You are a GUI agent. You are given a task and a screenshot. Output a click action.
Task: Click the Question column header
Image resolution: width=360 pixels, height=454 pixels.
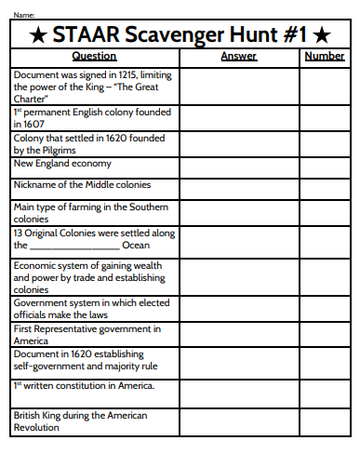tap(93, 57)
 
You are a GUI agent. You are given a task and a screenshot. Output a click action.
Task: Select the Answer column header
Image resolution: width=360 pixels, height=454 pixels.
tap(238, 57)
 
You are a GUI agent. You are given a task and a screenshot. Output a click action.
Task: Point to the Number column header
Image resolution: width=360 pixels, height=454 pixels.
tap(324, 57)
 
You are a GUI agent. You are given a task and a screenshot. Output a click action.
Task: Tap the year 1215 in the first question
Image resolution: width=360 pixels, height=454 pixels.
tap(123, 73)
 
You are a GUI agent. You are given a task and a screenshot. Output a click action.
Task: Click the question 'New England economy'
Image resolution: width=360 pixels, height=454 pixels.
tap(62, 164)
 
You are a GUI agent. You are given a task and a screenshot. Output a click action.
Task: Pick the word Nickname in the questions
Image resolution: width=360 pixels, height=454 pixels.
tap(36, 184)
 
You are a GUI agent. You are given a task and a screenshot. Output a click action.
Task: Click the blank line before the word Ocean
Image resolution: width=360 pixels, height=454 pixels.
tap(75, 247)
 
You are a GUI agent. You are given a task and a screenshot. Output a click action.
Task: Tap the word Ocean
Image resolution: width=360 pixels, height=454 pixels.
tap(136, 246)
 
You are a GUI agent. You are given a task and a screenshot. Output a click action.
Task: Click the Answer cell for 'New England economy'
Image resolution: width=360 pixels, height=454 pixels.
tap(238, 166)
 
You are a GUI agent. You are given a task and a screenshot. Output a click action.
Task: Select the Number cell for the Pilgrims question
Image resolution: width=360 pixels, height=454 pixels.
tap(325, 143)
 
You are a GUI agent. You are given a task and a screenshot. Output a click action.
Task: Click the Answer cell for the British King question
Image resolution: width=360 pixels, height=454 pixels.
tap(238, 421)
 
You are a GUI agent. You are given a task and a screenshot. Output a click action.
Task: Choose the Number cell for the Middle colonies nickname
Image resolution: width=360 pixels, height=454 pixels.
tap(325, 186)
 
